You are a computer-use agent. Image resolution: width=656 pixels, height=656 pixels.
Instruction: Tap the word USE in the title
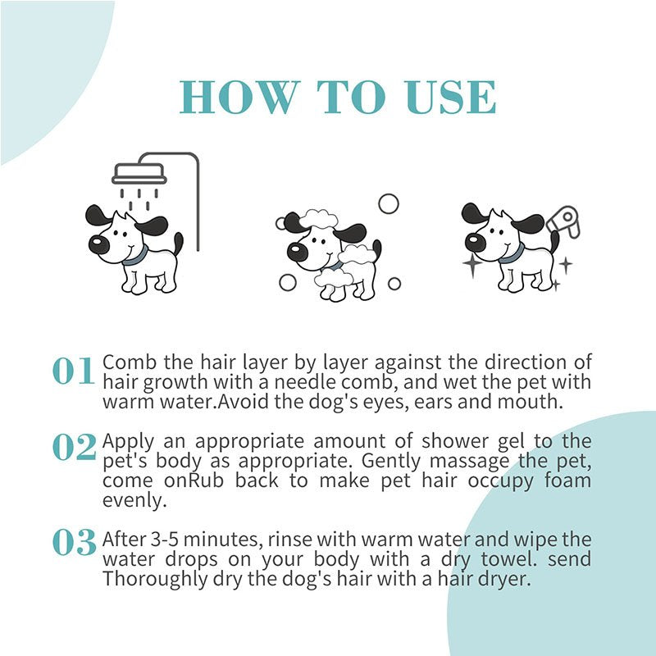pos(449,98)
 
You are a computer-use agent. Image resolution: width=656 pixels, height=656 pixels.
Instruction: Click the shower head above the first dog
pos(139,174)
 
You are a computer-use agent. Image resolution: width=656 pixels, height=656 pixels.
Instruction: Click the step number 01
pos(74,371)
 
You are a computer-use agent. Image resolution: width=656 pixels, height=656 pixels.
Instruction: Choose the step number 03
pos(74,542)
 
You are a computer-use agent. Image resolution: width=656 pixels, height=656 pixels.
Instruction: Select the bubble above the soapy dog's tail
pos(388,203)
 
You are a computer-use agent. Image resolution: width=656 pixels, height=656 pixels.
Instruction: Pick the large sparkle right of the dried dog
pos(565,264)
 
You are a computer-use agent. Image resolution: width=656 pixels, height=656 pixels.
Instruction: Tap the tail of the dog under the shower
pos(178,243)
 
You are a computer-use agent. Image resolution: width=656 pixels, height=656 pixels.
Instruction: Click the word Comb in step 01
pos(124,362)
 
